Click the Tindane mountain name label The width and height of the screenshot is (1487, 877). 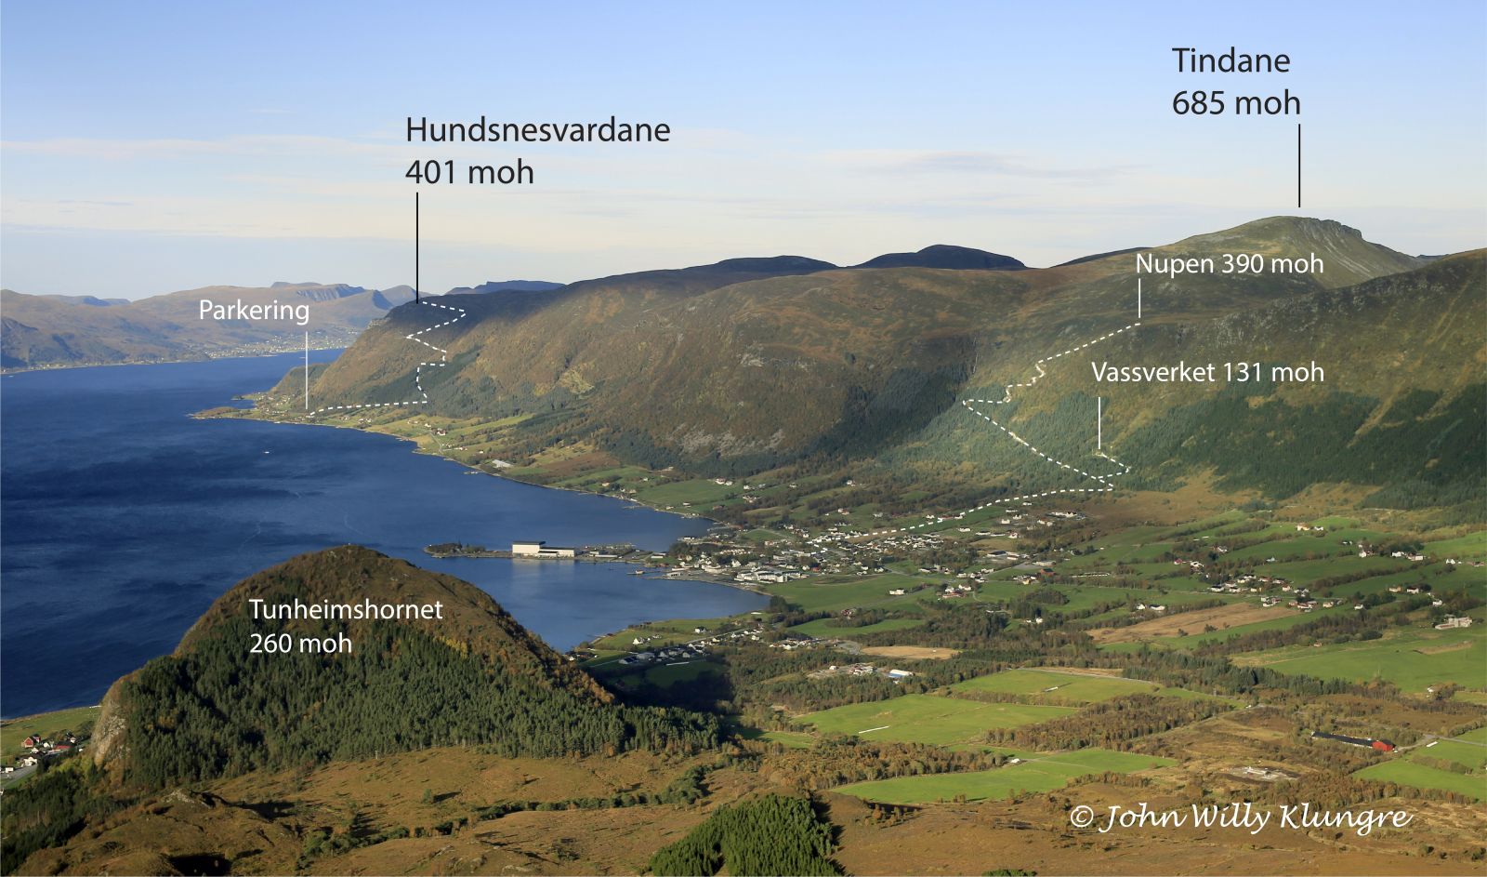pos(1230,61)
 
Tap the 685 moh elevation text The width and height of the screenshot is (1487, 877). pos(1235,103)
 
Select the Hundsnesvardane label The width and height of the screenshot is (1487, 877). pos(537,130)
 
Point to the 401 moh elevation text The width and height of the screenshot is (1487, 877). pos(469,172)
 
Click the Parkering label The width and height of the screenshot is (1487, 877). pos(254,311)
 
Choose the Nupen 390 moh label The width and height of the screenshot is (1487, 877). pos(1229,264)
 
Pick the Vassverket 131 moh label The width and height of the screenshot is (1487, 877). pos(1207,373)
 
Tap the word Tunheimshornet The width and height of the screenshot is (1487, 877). pos(346,610)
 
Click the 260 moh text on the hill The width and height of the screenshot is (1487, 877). pos(300,643)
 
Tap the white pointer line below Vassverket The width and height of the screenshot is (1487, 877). pos(1099,424)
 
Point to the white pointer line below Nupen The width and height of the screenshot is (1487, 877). pos(1138,299)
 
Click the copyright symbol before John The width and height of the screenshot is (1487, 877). pos(1080,817)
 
